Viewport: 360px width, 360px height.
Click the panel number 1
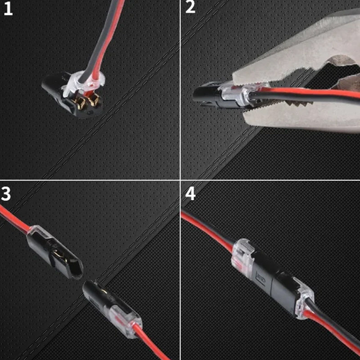(x=8, y=9)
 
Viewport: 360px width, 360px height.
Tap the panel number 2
(x=190, y=8)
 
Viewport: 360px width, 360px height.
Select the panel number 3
(x=6, y=194)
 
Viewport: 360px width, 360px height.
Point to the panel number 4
(x=190, y=194)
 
